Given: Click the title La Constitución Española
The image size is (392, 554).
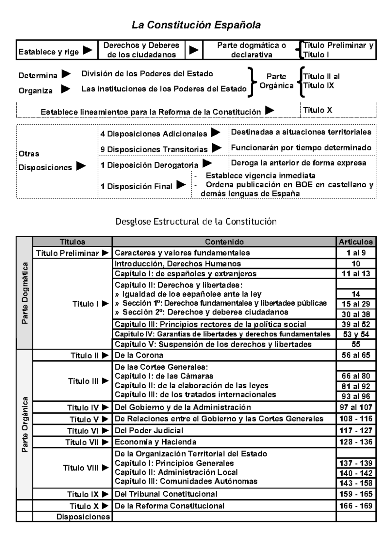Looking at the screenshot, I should point(196,25).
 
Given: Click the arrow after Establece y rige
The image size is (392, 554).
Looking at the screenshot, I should point(87,50).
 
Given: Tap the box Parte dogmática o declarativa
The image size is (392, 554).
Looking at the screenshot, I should point(251,50).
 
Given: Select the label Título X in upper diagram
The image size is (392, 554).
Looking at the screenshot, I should point(318,110).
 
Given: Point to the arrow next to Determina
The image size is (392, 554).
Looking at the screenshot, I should point(66,74).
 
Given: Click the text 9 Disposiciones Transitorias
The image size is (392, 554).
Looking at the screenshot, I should point(154,149).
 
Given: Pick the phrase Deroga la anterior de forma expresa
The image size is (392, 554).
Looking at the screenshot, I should point(299,163).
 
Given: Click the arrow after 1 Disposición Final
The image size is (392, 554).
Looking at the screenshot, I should point(181,185).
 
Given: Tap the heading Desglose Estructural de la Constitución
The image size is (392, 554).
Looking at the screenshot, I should point(196,222).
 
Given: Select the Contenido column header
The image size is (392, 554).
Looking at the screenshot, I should point(224,242).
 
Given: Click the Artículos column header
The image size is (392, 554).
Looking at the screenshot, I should point(356,242).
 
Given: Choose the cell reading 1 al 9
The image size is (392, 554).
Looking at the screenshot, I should point(356,253).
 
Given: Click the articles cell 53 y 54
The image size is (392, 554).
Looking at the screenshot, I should point(356,334).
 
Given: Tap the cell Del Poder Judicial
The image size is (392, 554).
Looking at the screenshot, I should point(149,430).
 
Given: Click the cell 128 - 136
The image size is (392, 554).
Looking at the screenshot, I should point(356,442).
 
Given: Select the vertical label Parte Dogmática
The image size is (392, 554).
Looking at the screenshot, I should point(24,293).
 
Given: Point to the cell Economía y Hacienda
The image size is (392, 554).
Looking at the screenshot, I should point(155,442).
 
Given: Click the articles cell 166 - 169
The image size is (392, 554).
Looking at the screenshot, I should point(356,506).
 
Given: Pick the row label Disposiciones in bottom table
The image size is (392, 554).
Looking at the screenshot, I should point(83,517).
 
